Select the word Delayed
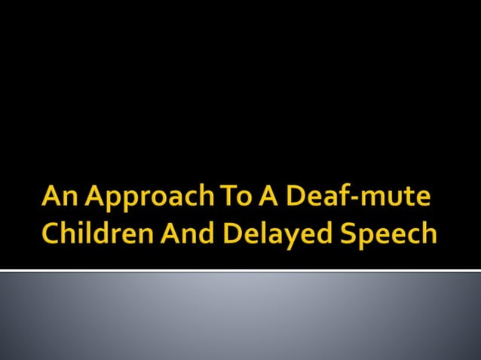coord(274,233)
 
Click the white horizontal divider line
coord(240,270)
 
